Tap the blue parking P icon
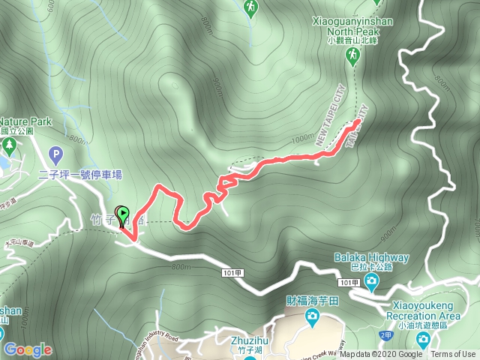[x=55, y=155]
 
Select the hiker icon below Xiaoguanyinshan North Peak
[x=351, y=55]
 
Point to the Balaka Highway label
[x=372, y=258]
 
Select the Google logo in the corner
[x=28, y=349]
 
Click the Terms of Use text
[x=453, y=355]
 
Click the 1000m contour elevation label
[x=303, y=139]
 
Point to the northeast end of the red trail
[x=358, y=121]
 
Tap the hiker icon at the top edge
[x=250, y=7]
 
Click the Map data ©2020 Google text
[x=380, y=355]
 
